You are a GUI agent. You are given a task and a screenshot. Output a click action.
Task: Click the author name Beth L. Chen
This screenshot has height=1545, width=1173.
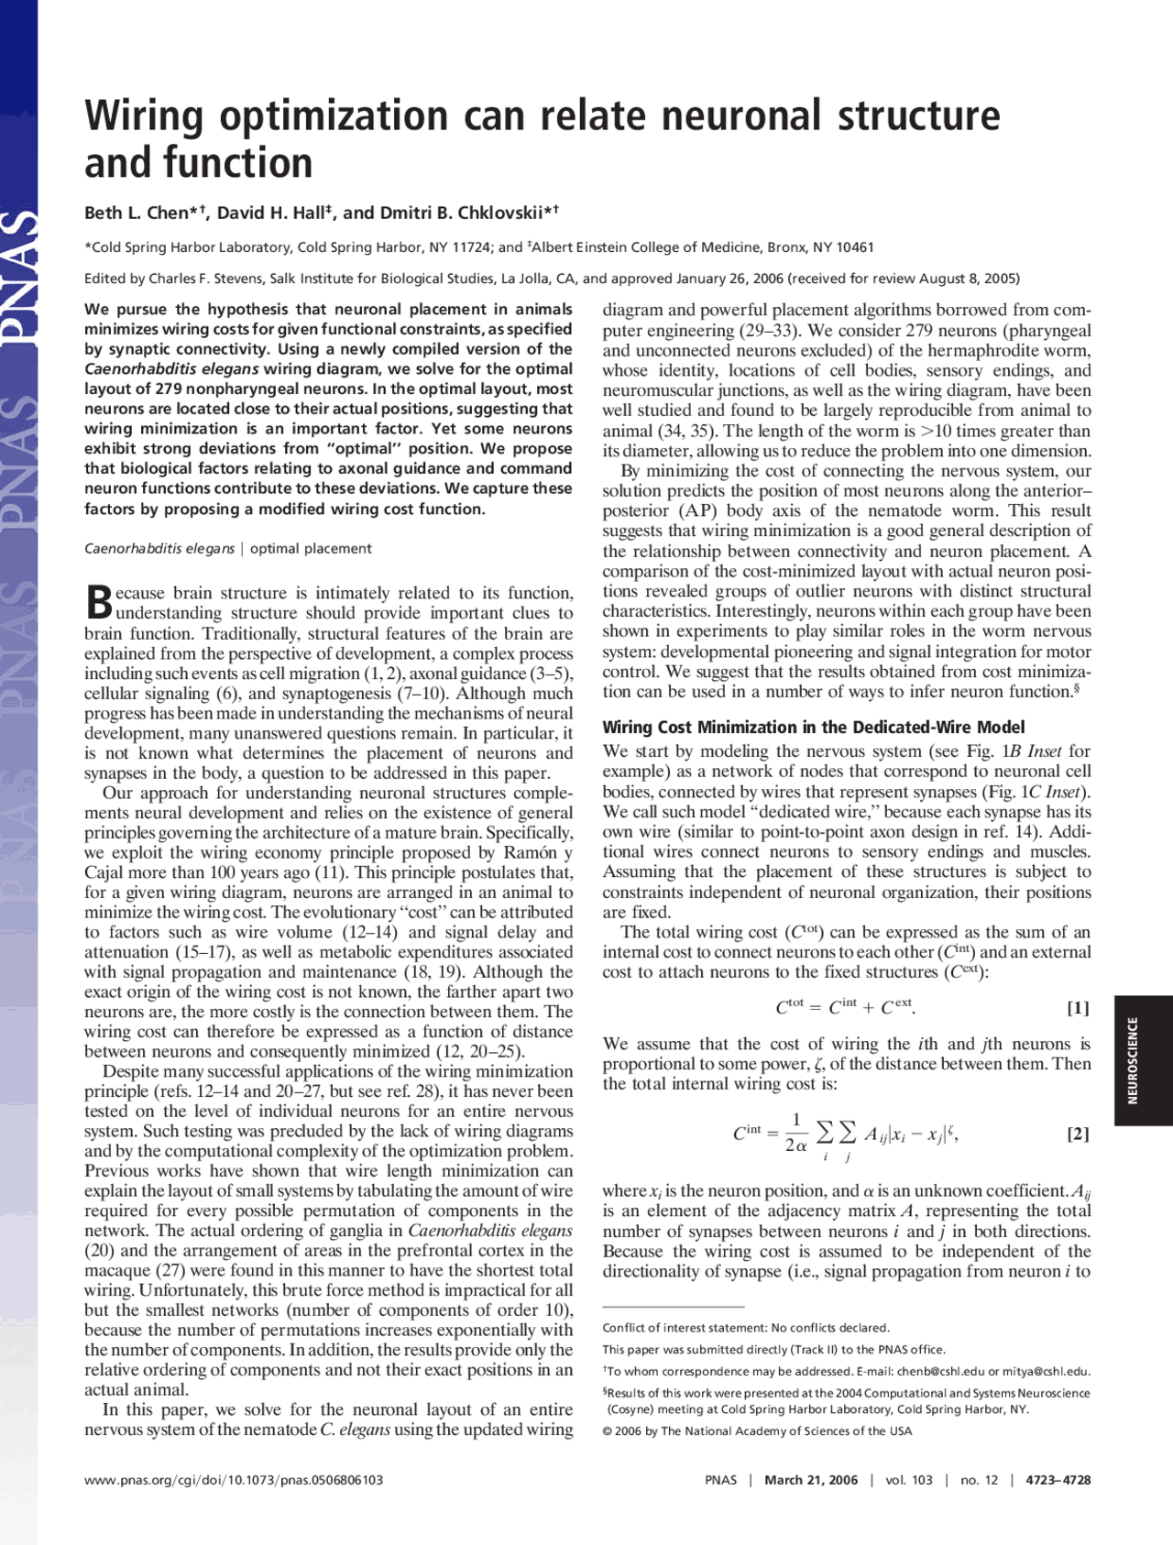(136, 213)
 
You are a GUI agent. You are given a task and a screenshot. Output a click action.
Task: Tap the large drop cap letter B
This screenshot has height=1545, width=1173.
(99, 602)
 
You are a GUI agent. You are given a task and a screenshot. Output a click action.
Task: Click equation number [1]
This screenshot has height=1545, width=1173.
(1078, 1008)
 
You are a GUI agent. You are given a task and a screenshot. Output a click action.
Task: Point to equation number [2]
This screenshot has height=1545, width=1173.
(1078, 1134)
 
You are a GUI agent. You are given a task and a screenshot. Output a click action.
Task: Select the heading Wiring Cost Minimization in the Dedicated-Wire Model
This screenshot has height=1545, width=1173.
(813, 727)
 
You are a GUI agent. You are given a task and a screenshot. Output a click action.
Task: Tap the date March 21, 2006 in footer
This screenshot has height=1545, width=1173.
(811, 1480)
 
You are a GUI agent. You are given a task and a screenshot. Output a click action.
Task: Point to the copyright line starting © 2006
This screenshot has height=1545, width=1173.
(757, 1431)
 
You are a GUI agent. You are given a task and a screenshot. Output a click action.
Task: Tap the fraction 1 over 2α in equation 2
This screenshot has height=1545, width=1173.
(795, 1133)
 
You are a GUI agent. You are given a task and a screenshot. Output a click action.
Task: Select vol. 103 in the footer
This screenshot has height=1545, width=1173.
(908, 1480)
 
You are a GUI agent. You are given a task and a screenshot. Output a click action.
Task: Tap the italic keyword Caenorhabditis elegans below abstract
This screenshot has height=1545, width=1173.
(159, 549)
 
